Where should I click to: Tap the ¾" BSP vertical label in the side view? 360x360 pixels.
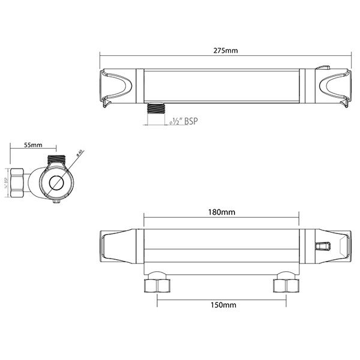(x=5, y=180)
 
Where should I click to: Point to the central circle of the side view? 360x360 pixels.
(x=58, y=183)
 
